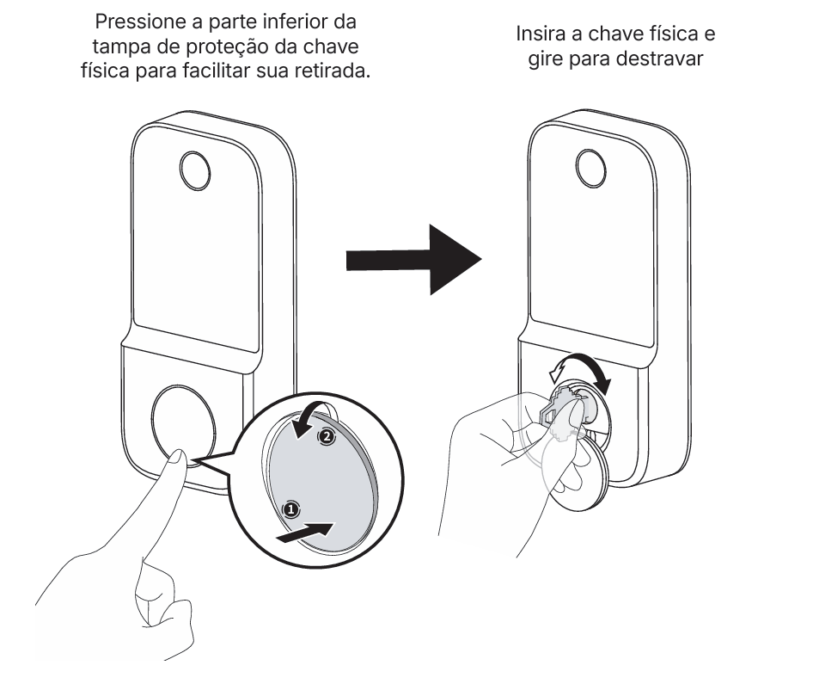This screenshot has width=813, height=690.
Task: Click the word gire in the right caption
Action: tap(546, 59)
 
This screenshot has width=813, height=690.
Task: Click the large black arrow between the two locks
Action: tap(413, 260)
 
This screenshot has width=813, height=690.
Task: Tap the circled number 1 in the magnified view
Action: tap(290, 509)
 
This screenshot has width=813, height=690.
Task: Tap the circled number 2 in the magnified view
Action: tap(326, 437)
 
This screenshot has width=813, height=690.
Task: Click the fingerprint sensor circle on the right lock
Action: tap(591, 169)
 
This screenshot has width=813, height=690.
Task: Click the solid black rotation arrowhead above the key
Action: tap(603, 385)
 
